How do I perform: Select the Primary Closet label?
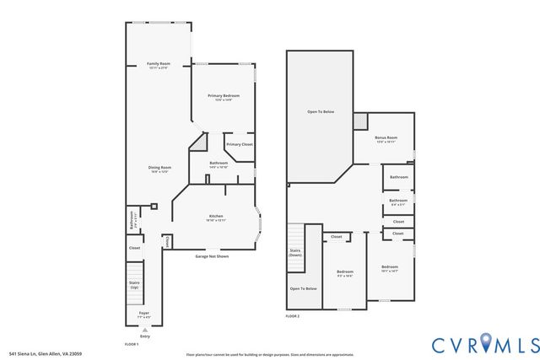[239, 144]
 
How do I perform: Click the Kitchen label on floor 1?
[216, 218]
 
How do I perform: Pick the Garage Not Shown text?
[212, 255]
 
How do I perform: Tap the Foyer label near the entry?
[144, 314]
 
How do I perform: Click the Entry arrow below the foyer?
[144, 330]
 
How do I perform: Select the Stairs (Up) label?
[134, 285]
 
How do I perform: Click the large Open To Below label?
[320, 111]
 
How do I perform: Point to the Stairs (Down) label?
[295, 254]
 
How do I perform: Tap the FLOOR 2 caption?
[293, 316]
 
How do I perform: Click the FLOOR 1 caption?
[132, 344]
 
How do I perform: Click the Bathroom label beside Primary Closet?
[218, 165]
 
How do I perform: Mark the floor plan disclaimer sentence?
[269, 354]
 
